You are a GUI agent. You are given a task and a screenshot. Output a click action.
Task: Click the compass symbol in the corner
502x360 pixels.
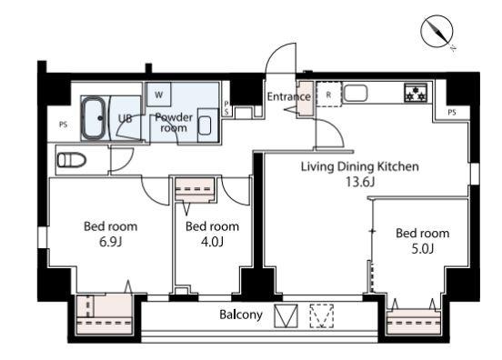coord(437,32)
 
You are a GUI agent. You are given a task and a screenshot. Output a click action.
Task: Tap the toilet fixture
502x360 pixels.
coord(72,160)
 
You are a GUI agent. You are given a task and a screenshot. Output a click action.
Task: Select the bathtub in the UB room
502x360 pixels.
coord(93,118)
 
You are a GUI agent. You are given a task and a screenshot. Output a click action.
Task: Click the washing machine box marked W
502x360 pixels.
coord(158,95)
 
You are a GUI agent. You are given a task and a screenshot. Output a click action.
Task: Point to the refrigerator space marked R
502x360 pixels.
coord(329,95)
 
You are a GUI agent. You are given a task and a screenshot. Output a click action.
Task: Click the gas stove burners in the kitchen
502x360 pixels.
coord(416,93)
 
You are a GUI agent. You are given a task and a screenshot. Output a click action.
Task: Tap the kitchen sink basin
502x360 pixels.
coord(356,93)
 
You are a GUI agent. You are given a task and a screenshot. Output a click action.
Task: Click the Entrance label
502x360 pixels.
coord(289,96)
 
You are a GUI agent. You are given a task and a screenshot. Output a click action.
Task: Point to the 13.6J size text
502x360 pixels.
coord(360,182)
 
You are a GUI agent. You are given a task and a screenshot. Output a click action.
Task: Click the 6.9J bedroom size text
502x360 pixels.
coord(110,242)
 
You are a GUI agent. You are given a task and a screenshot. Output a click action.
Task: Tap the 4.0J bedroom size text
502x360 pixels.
coord(212,242)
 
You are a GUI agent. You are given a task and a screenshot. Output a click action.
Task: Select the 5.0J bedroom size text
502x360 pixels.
coord(422,249)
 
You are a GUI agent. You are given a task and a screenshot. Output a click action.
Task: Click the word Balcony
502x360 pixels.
coord(241,315)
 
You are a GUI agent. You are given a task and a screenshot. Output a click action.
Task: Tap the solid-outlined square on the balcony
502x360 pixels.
coord(286,315)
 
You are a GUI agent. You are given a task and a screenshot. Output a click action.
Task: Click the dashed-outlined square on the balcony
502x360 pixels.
coord(322,315)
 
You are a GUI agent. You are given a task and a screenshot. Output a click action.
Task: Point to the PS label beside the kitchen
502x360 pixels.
coord(452,113)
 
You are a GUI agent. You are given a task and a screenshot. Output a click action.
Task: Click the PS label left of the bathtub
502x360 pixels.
coord(63,125)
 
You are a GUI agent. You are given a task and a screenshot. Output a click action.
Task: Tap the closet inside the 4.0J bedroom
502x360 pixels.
coord(195,189)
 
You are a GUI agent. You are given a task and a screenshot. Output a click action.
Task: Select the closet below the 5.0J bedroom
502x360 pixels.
coord(414,322)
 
